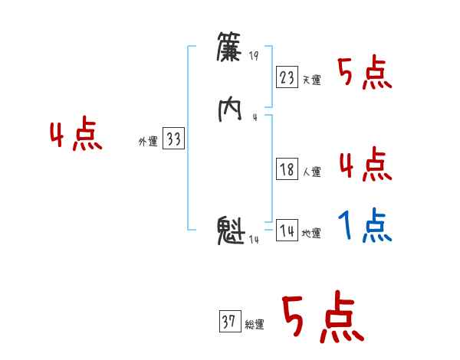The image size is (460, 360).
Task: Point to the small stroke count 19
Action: coord(255,56)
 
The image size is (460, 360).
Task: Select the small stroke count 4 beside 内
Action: coord(254,117)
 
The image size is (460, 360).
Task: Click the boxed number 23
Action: coord(287,77)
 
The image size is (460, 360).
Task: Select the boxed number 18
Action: coord(287,170)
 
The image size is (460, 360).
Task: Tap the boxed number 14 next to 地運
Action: coord(287,231)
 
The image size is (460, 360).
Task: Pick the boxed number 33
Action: coord(174,139)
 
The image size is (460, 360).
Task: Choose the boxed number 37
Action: coord(228,322)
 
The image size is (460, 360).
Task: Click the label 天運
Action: coord(311,80)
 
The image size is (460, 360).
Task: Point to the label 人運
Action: coord(311,172)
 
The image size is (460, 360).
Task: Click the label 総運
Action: coord(254,325)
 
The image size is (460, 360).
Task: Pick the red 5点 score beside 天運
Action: coord(365,74)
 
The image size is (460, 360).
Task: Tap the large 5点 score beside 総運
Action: coord(322,318)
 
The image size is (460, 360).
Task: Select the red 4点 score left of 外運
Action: coord(75,136)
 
